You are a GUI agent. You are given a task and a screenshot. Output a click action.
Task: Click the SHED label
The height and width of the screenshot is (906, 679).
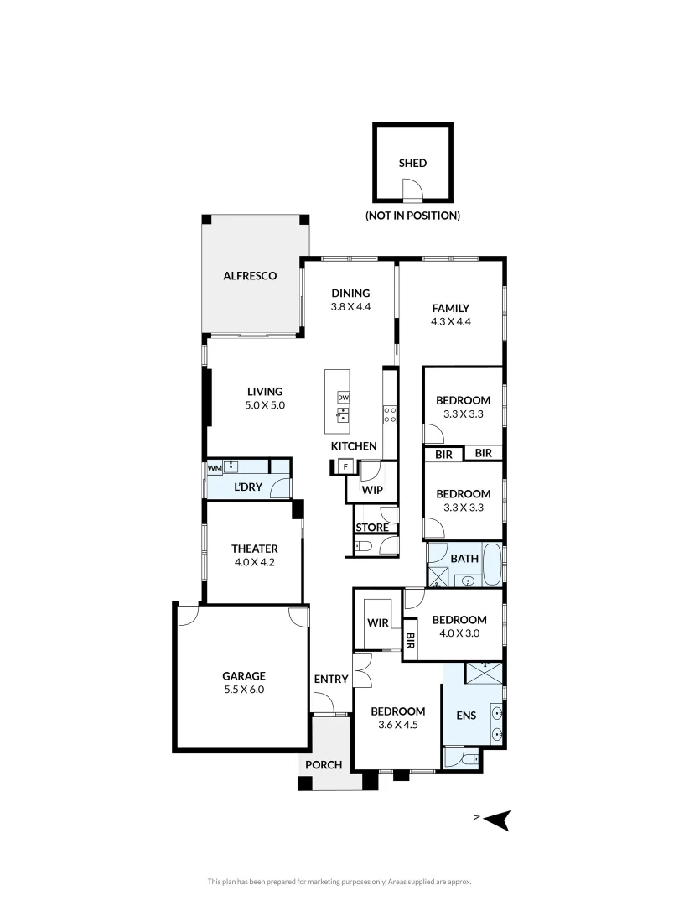(412, 163)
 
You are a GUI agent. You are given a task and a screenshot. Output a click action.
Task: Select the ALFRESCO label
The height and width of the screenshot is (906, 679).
(249, 275)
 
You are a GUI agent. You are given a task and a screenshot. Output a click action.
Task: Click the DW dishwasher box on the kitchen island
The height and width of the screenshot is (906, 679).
(343, 397)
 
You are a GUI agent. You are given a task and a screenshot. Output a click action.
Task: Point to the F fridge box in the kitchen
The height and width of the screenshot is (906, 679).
(343, 467)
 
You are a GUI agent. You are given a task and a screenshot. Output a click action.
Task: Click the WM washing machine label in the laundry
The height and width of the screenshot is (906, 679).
(214, 467)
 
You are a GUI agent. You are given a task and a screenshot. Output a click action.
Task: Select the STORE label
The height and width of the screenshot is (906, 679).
(371, 528)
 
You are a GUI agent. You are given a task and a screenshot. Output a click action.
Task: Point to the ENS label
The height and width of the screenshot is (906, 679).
(466, 716)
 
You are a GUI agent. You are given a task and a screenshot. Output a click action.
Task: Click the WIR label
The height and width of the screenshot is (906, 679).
(376, 622)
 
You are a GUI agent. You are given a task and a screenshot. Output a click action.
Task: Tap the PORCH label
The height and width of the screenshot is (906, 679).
(324, 765)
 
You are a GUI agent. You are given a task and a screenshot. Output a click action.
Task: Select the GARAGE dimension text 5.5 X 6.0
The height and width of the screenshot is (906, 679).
(243, 690)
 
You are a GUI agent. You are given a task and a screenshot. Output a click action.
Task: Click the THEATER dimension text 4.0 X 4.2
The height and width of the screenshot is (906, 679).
(254, 563)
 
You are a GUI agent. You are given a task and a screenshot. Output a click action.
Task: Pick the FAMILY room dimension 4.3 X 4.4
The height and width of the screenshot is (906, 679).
(451, 321)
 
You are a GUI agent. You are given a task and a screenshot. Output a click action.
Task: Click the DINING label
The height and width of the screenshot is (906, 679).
(350, 293)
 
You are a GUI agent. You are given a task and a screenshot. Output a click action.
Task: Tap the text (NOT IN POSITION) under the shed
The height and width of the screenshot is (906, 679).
(412, 216)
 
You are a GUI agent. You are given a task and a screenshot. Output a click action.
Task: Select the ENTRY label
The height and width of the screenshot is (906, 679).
(330, 679)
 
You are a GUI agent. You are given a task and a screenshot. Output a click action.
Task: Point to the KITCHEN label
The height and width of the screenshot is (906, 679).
(353, 446)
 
